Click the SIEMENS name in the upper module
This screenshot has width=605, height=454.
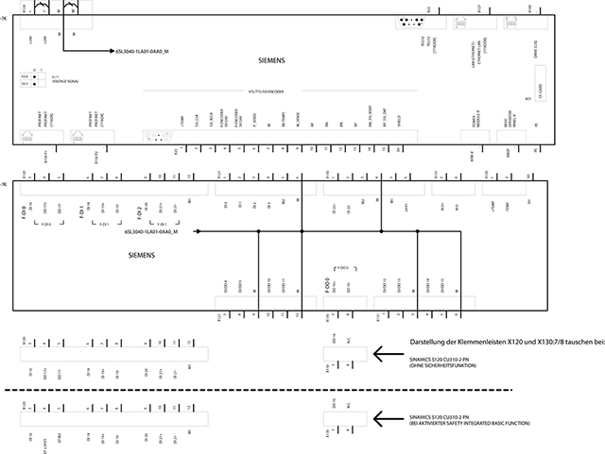pyautogui.click(x=270, y=59)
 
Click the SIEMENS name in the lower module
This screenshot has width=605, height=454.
pyautogui.click(x=143, y=255)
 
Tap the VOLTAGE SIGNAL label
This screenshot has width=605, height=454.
pyautogui.click(x=65, y=82)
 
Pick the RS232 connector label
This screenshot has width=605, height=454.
pyautogui.click(x=431, y=39)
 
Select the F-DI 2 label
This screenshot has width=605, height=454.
pyautogui.click(x=138, y=208)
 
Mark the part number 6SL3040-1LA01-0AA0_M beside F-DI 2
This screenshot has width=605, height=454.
pyautogui.click(x=153, y=231)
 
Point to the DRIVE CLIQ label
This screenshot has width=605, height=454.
pyautogui.click(x=536, y=42)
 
